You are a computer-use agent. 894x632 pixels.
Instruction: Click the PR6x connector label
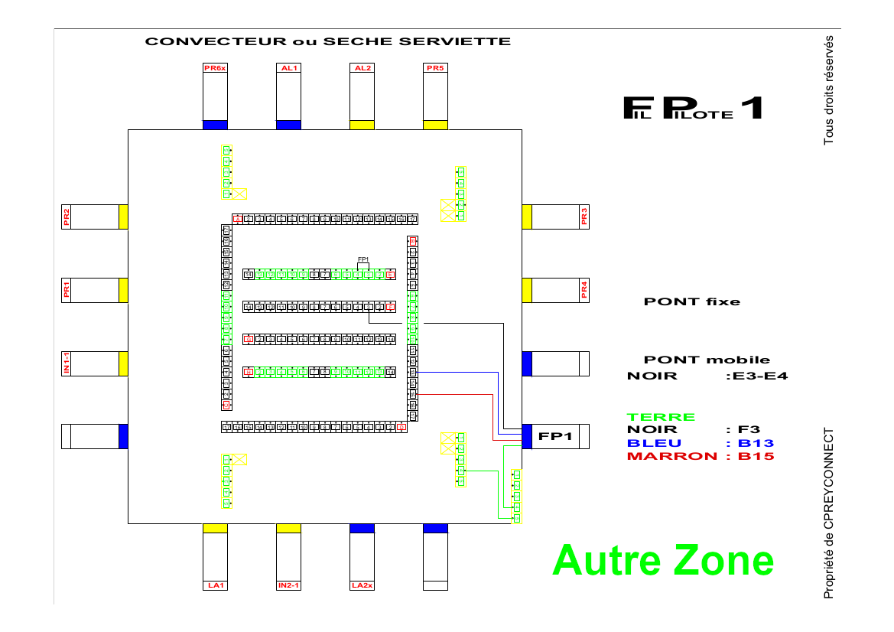(x=215, y=68)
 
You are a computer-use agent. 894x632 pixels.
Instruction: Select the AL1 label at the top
(x=288, y=68)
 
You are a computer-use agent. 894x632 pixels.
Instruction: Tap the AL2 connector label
(x=362, y=68)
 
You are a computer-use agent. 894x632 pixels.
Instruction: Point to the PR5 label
(x=435, y=68)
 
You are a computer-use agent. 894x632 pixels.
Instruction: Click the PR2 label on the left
(x=67, y=217)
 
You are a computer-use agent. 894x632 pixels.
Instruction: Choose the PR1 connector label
(x=67, y=290)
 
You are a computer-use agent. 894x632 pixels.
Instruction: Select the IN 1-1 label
(x=67, y=363)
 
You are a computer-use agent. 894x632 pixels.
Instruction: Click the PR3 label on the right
(x=584, y=217)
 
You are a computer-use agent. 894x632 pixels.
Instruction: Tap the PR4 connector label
(x=584, y=290)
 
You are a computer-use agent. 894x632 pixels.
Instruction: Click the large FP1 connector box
(x=556, y=436)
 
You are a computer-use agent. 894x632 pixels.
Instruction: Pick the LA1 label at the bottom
(x=215, y=585)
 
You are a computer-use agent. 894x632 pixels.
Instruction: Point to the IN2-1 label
(x=288, y=585)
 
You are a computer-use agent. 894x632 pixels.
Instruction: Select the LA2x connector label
(x=362, y=585)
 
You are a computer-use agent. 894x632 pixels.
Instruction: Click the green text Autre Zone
(x=662, y=560)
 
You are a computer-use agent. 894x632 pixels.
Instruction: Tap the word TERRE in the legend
(x=661, y=417)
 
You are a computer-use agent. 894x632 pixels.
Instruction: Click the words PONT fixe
(x=692, y=301)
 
